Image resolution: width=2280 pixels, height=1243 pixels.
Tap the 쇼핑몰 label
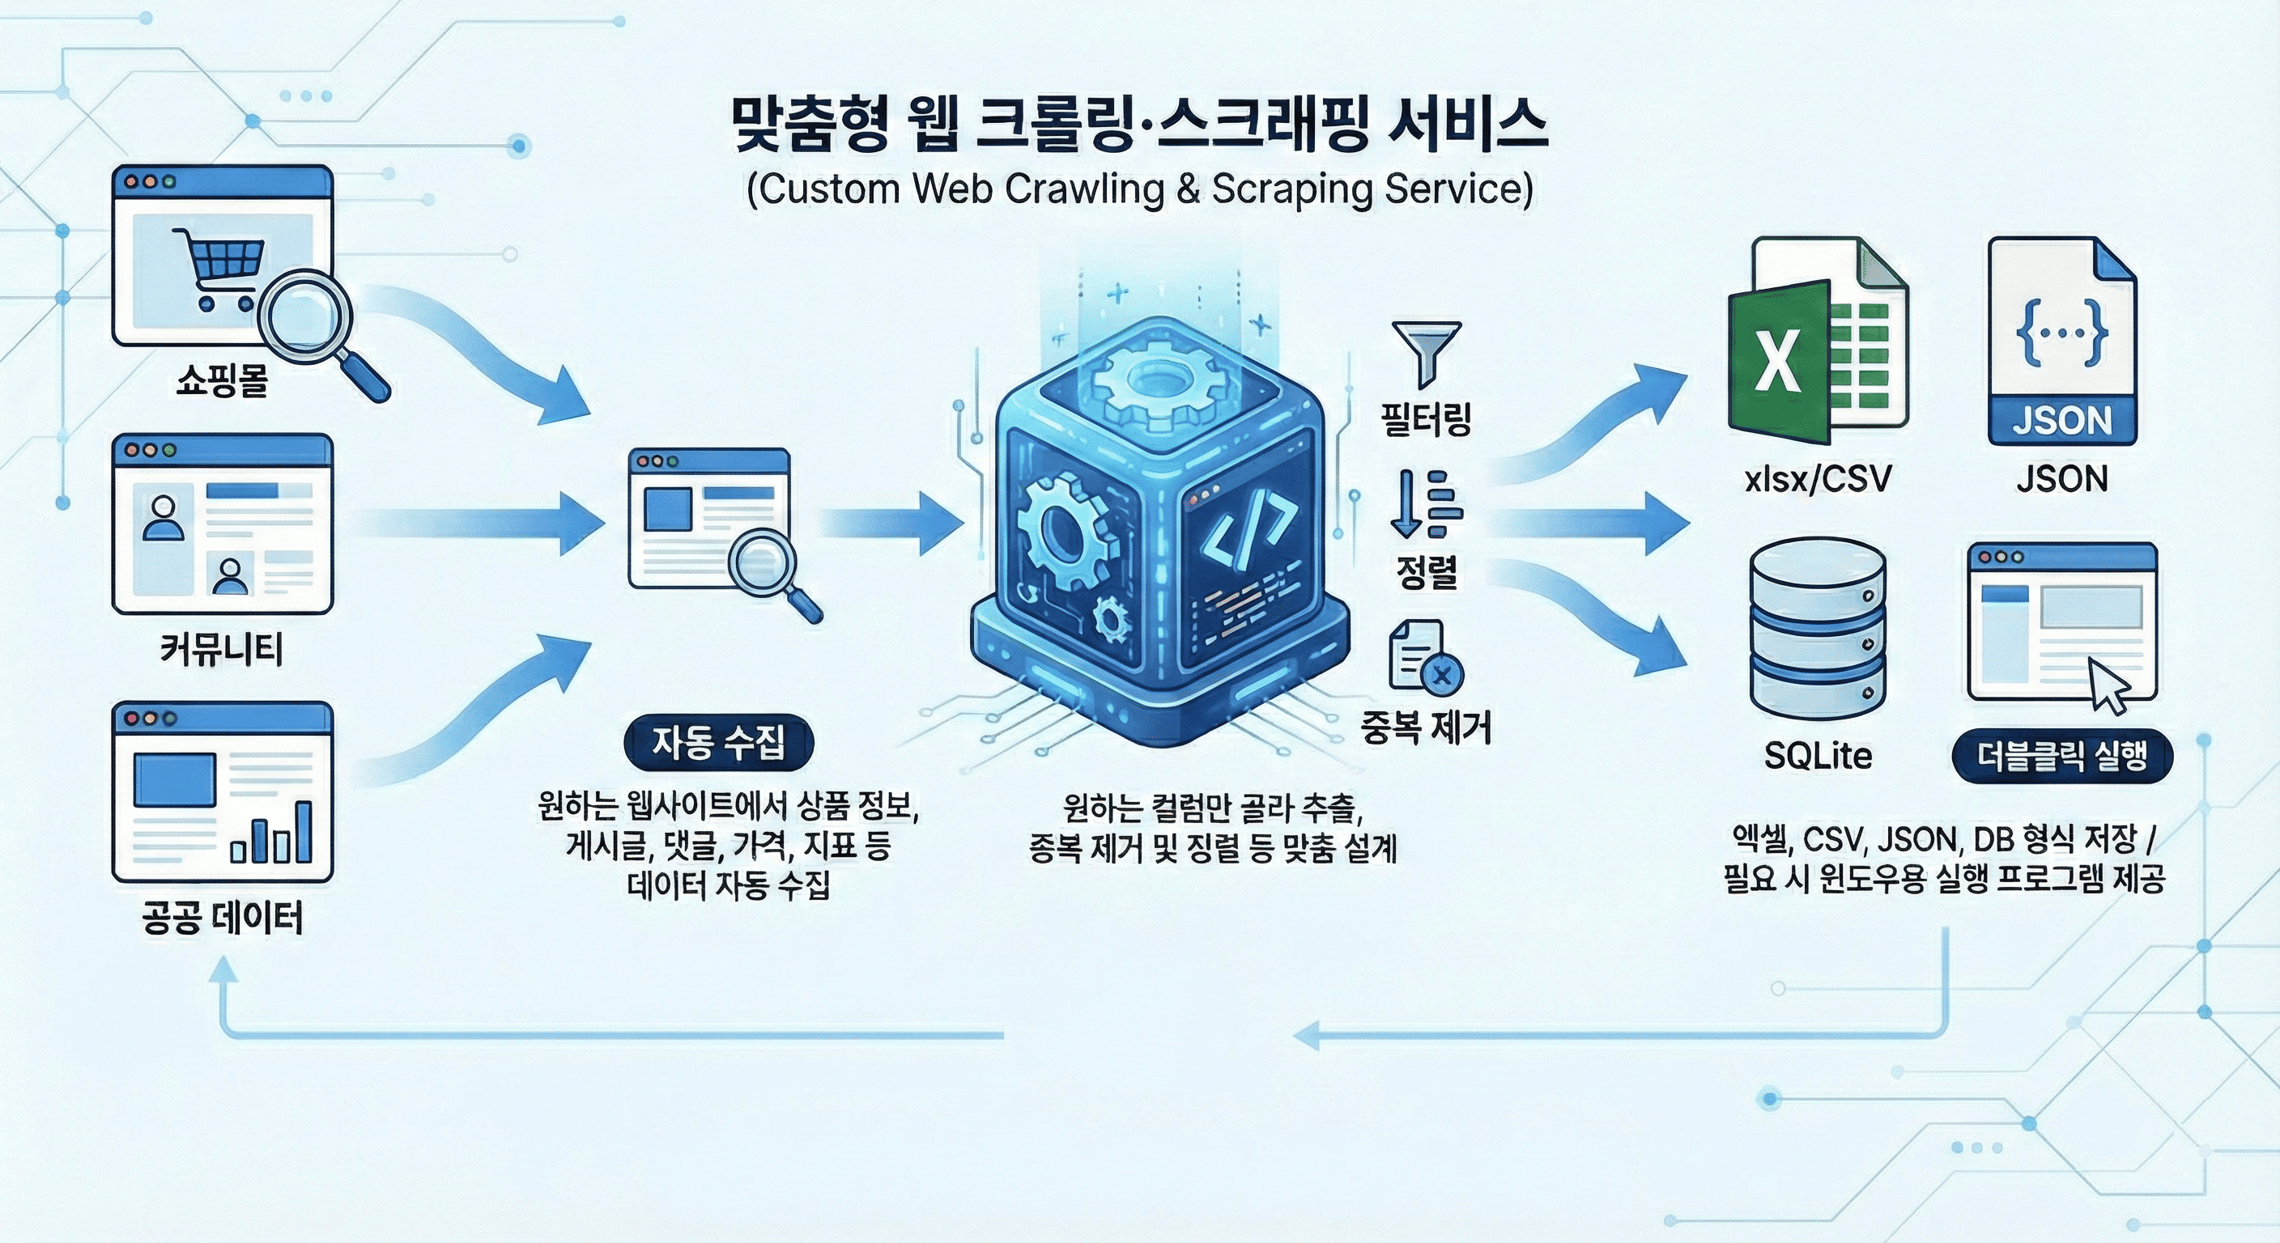[221, 381]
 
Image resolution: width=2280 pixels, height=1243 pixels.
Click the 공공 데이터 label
[222, 918]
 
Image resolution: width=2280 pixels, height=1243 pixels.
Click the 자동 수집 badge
[718, 742]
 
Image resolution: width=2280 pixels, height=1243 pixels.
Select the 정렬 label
[1426, 571]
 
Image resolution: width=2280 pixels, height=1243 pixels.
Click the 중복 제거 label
[1426, 728]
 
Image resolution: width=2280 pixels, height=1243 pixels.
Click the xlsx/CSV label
[1817, 478]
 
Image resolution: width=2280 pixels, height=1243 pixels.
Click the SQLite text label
[1818, 756]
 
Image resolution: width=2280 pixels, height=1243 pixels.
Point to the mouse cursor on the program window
[2110, 685]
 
